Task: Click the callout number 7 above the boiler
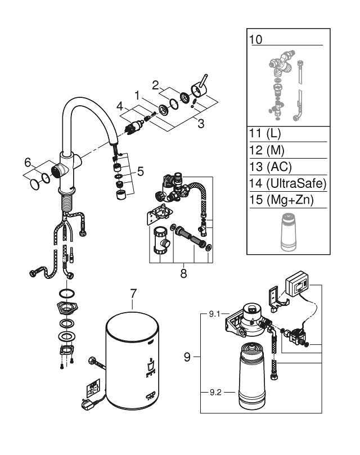pos(133,294)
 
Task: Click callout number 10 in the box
pos(256,40)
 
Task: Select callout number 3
pos(201,124)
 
